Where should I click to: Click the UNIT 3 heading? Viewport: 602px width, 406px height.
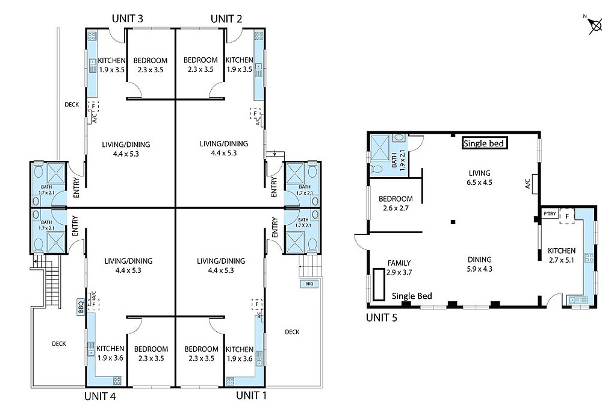pyautogui.click(x=128, y=19)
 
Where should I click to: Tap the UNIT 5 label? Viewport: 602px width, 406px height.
pyautogui.click(x=381, y=317)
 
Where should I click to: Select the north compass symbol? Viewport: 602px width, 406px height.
pyautogui.click(x=595, y=25)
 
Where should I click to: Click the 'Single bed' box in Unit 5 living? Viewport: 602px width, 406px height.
pyautogui.click(x=485, y=143)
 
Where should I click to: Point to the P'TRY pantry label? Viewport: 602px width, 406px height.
pyautogui.click(x=550, y=214)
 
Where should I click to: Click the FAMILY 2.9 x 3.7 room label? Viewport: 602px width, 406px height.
pyautogui.click(x=399, y=267)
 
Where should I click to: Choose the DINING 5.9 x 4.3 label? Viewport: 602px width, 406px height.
pyautogui.click(x=480, y=264)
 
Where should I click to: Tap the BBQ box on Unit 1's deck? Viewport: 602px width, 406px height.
pyautogui.click(x=309, y=284)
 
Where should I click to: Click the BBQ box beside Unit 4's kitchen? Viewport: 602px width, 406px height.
pyautogui.click(x=81, y=307)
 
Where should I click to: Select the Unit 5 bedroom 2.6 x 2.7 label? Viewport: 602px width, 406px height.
pyautogui.click(x=396, y=204)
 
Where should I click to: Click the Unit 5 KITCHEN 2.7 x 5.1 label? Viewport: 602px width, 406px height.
pyautogui.click(x=562, y=255)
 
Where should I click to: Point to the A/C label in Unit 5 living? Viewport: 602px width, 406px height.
pyautogui.click(x=528, y=183)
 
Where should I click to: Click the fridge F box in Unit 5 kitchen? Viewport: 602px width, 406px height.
pyautogui.click(x=567, y=216)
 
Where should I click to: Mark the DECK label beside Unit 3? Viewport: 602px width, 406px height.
pyautogui.click(x=72, y=104)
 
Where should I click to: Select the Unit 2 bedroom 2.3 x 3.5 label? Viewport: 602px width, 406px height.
pyautogui.click(x=200, y=64)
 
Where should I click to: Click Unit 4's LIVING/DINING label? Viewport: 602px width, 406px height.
pyautogui.click(x=128, y=266)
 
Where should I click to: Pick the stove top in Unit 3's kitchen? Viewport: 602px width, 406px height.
pyautogui.click(x=92, y=36)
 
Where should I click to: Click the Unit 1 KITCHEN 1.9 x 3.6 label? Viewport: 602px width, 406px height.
pyautogui.click(x=239, y=354)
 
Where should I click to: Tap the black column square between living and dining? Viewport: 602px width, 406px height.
pyautogui.click(x=453, y=222)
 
